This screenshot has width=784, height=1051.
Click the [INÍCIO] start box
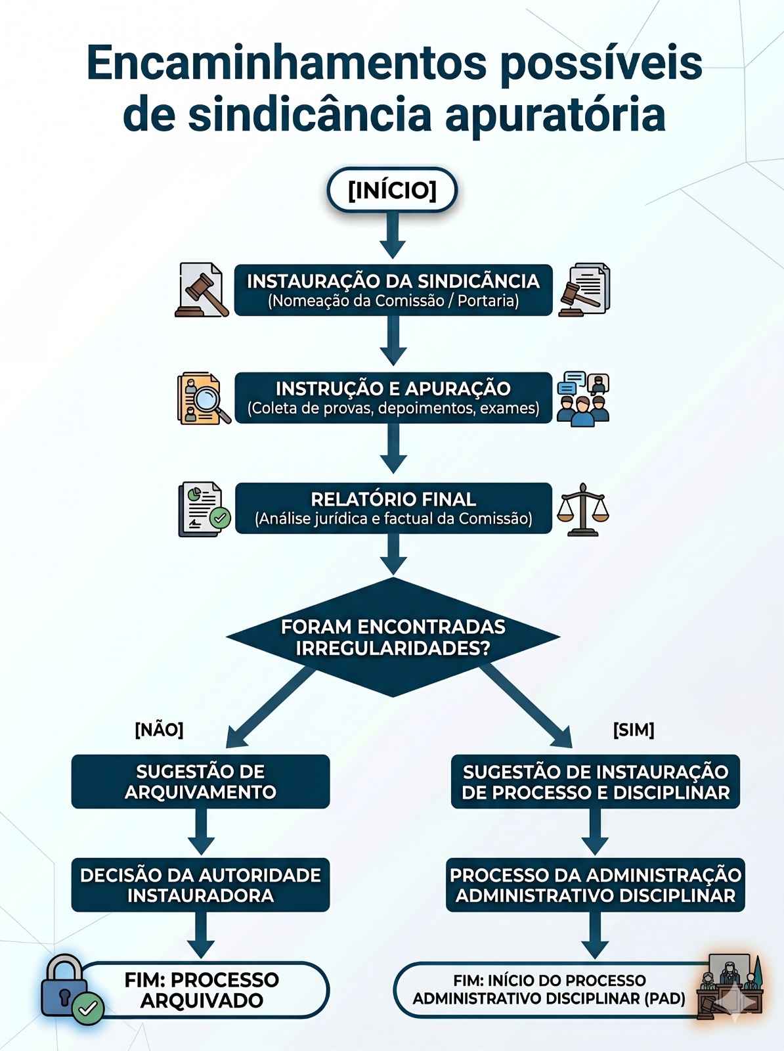(392, 190)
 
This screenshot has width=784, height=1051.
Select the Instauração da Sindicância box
(393, 290)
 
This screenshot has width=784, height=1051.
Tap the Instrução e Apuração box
(393, 397)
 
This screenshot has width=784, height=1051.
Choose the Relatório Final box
(393, 508)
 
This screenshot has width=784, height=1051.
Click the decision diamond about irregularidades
(393, 637)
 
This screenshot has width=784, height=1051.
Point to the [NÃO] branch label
(160, 730)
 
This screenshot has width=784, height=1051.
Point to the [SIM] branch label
(634, 730)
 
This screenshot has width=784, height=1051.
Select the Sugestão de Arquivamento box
(200, 782)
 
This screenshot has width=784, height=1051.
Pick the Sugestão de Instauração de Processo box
(596, 782)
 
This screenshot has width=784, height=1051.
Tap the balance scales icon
(583, 510)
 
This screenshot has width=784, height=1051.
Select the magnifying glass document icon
(204, 398)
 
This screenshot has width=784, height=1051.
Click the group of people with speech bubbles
(583, 398)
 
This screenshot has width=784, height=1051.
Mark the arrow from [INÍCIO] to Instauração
(393, 236)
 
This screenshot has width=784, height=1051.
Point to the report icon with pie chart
(204, 509)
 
